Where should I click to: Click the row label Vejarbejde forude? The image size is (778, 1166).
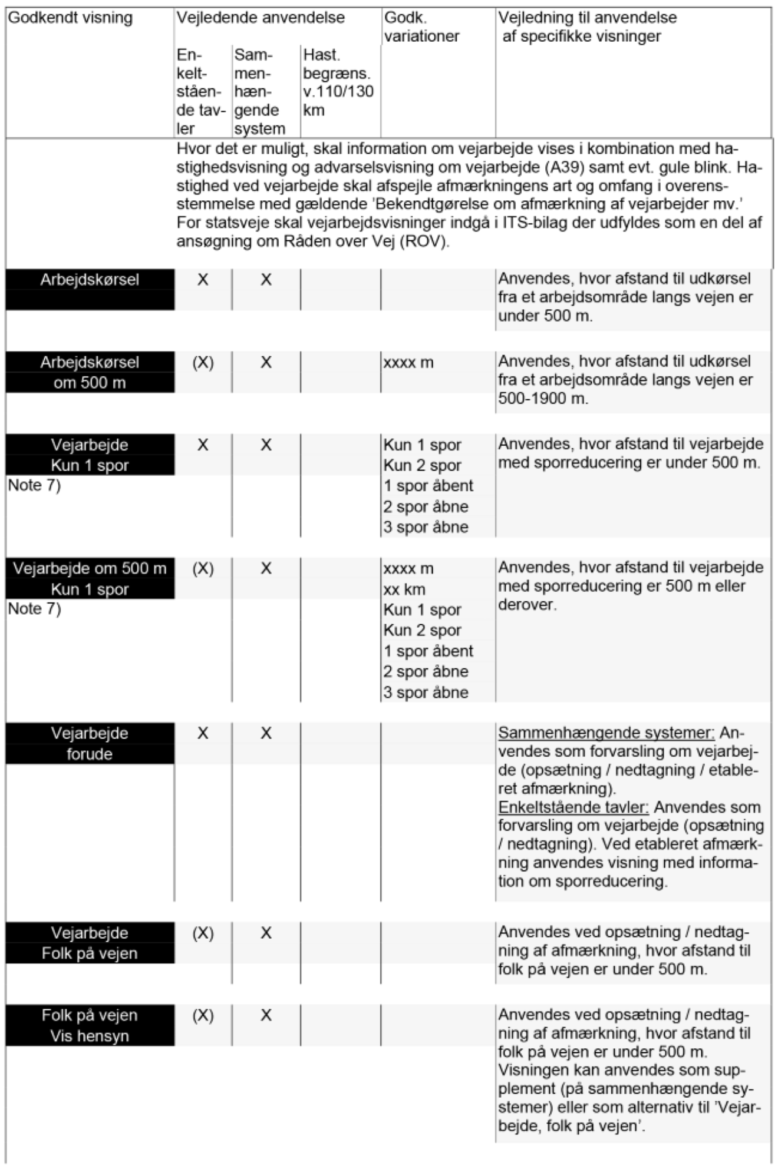click(x=90, y=743)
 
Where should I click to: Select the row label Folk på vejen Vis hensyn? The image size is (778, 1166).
click(x=90, y=1025)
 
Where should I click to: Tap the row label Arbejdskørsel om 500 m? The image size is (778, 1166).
click(x=90, y=372)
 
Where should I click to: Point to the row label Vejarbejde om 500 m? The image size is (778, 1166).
click(x=90, y=569)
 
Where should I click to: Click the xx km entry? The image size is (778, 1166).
click(x=404, y=589)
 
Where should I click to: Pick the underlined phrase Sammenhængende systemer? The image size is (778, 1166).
click(x=606, y=733)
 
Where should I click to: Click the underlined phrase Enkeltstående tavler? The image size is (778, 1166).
click(x=573, y=807)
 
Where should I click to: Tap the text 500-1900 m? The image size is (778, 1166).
click(x=543, y=399)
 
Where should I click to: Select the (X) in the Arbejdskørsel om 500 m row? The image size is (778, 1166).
click(x=203, y=363)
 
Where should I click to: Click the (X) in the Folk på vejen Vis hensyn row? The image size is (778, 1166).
click(x=203, y=1016)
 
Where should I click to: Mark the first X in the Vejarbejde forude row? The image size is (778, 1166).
click(x=203, y=733)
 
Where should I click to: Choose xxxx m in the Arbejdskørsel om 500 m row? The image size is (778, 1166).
click(x=408, y=363)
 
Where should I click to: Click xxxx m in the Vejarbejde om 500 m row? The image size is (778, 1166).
click(x=408, y=569)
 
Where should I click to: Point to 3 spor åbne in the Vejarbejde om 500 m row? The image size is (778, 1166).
click(x=426, y=693)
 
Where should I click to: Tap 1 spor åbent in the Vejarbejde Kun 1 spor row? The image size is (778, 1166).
click(x=428, y=486)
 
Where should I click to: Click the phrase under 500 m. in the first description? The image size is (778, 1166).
click(x=545, y=316)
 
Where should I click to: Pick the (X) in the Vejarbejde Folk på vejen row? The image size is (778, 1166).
click(x=203, y=933)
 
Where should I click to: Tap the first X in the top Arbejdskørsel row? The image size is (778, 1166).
click(x=203, y=280)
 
